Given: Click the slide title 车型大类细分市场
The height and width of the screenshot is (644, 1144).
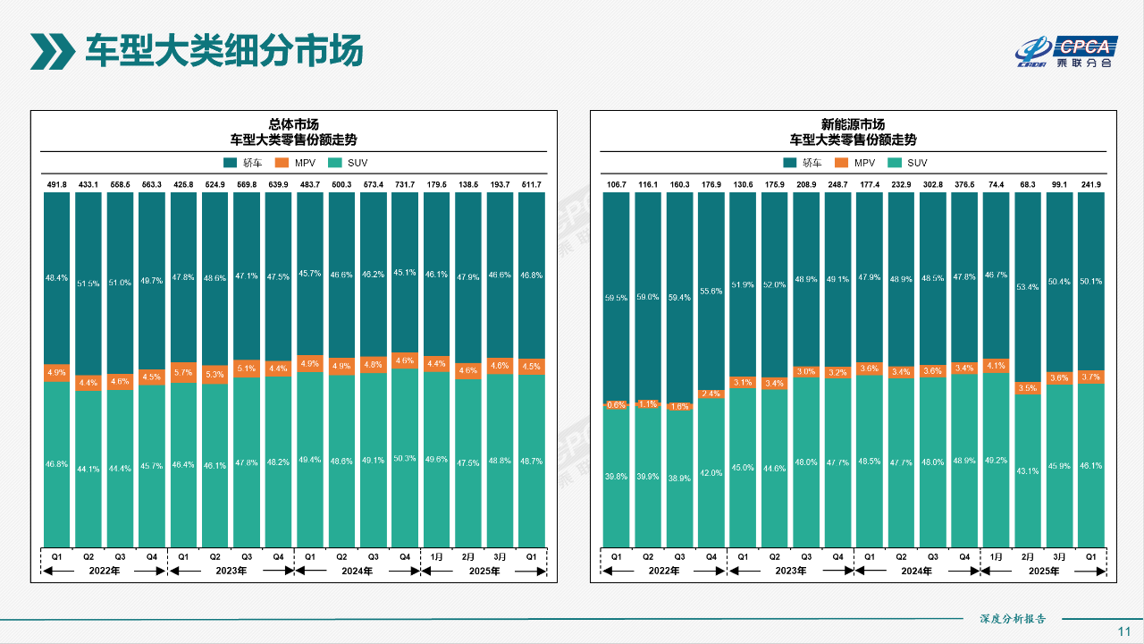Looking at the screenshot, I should click(223, 50).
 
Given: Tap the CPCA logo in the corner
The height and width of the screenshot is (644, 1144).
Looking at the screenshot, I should click(1064, 52).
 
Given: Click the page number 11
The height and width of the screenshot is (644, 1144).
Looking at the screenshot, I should click(1124, 631).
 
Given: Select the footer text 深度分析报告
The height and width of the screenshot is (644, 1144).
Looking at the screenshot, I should click(1013, 618).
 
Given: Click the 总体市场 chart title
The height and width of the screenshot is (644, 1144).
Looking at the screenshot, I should click(294, 124).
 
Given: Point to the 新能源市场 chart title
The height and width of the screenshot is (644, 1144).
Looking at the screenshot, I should click(853, 124).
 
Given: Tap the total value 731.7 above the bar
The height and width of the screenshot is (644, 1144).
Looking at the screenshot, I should click(405, 184).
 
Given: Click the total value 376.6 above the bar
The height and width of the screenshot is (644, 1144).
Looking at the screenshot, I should click(964, 184).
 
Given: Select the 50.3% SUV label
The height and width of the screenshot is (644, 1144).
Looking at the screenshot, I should click(405, 459).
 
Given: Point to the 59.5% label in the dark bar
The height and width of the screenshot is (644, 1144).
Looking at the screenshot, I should click(616, 298).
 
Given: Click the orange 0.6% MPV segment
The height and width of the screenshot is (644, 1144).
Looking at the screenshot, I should click(616, 404).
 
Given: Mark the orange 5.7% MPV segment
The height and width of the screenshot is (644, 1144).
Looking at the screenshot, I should click(183, 372).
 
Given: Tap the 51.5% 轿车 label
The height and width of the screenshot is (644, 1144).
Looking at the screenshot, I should click(88, 284).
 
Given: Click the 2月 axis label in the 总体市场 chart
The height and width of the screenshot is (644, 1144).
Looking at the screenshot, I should click(468, 556).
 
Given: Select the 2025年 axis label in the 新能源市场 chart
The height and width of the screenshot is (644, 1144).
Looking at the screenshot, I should click(1043, 571).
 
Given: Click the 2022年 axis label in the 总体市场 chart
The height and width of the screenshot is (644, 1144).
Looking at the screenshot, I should click(105, 571).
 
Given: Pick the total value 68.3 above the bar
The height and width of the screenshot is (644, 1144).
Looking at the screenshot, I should click(1028, 184).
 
